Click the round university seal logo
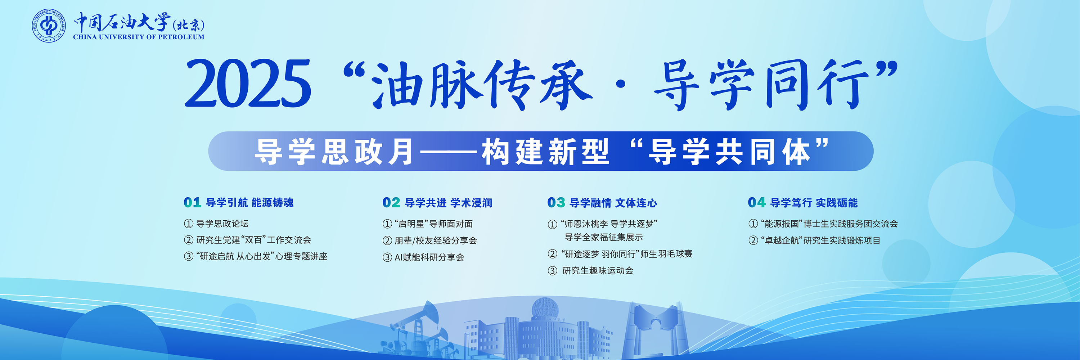click(x=49, y=25)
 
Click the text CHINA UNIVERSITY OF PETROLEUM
click(x=139, y=37)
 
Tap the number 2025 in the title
click(x=248, y=83)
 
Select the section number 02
click(x=391, y=203)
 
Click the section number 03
click(x=556, y=203)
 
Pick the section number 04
click(x=757, y=203)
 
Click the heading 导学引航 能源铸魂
click(x=250, y=203)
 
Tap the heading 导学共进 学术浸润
click(x=449, y=203)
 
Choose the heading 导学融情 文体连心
click(x=613, y=203)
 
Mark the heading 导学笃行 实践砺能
click(x=814, y=203)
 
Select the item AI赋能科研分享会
click(x=429, y=257)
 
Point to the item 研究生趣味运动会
click(x=598, y=271)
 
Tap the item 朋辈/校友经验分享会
click(x=436, y=240)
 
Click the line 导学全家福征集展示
click(x=604, y=237)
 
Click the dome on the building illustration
click(x=545, y=309)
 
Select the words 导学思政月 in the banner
click(x=334, y=151)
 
